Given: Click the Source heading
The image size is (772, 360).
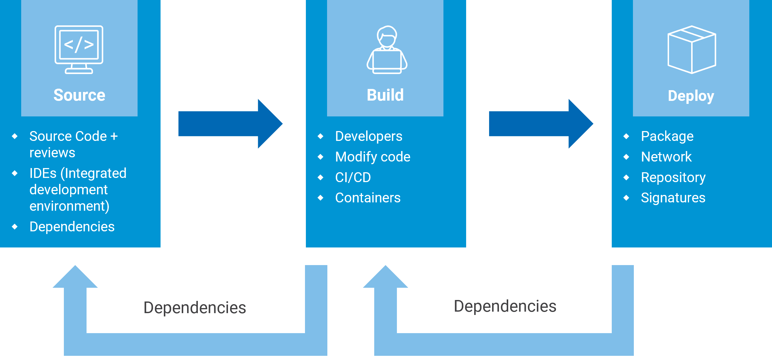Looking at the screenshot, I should tap(79, 95).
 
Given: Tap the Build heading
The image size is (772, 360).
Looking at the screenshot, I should tap(385, 95).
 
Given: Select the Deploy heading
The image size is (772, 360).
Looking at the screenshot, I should tap(691, 96).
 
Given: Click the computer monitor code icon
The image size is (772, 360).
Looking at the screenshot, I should tap(79, 50).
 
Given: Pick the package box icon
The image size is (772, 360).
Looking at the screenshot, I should tap(692, 50).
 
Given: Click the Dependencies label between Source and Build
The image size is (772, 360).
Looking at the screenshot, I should tap(195, 308).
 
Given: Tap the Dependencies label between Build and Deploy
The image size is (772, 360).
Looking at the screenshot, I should tap(505, 306).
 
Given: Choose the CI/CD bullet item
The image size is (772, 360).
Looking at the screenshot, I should tap(353, 177).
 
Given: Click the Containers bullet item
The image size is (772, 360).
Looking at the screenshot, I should tap(367, 198).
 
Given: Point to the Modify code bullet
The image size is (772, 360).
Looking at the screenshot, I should tap(372, 157).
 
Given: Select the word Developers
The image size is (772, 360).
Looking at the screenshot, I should tap(368, 136).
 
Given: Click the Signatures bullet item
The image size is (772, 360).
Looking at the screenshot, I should tap(673, 198).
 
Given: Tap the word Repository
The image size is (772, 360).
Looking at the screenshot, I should tap(673, 177).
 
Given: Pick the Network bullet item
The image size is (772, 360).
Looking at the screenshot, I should tap(666, 157).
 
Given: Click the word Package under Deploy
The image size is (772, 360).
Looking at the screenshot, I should tap(667, 136).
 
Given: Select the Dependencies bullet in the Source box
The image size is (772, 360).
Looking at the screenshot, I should tap(72, 227).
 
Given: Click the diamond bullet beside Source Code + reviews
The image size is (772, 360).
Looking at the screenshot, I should tap(15, 136).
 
